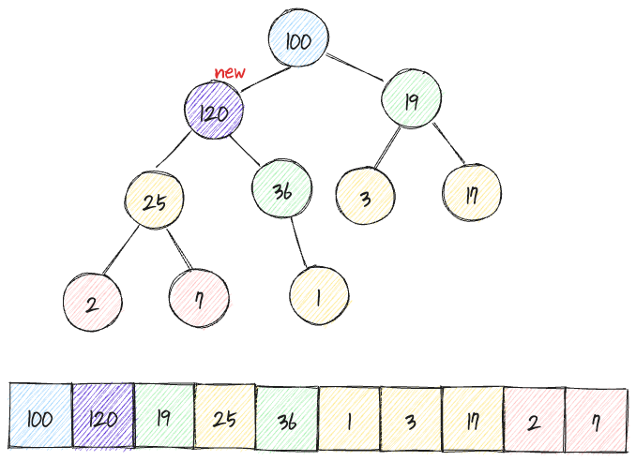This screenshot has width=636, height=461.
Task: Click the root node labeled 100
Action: tap(297, 42)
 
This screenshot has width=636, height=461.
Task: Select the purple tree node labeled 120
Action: tap(214, 112)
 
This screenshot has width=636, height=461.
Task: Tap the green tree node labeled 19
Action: tap(411, 102)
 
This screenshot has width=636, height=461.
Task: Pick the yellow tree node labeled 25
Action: tap(155, 201)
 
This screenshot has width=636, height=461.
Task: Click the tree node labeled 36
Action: tap(281, 191)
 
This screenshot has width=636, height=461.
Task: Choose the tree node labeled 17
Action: tap(473, 195)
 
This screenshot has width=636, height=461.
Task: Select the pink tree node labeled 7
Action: tap(200, 299)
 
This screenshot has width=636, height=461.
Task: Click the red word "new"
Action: tap(229, 73)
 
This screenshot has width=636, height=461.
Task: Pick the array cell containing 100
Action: tap(40, 418)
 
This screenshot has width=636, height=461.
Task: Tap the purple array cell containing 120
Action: tap(103, 418)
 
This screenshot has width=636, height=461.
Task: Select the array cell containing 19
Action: tap(164, 418)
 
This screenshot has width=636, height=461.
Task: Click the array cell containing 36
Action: tap(287, 418)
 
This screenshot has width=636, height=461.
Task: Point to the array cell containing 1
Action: tap(349, 418)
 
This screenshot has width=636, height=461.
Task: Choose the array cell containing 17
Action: tap(472, 418)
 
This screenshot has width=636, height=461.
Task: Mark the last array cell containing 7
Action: tap(596, 418)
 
